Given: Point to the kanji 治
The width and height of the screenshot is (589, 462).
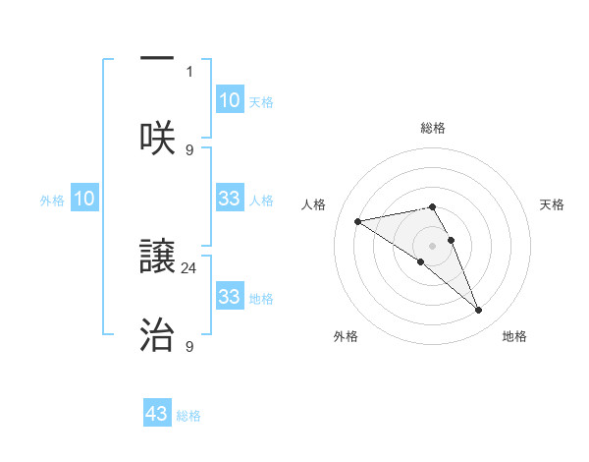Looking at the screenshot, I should (x=157, y=335).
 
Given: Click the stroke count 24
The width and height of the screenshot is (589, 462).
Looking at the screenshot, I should (x=189, y=266).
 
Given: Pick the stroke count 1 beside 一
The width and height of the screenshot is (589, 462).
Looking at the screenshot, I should (x=189, y=71).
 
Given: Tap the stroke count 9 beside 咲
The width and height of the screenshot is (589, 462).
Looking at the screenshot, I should (x=189, y=149).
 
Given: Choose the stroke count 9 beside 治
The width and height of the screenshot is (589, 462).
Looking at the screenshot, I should (x=189, y=345).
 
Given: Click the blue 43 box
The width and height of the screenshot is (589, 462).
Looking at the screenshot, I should (x=157, y=414).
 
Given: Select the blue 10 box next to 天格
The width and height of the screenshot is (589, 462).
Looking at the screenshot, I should (x=229, y=100).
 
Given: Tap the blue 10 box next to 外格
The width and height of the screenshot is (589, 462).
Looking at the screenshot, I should (x=84, y=199).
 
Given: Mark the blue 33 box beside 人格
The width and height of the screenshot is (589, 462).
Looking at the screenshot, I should (x=229, y=199).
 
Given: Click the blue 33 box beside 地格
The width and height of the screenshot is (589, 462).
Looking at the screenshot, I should (x=229, y=297).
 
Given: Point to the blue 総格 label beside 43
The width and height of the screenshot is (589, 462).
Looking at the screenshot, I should (x=188, y=416).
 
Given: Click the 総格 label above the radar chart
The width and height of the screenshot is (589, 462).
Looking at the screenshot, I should (x=432, y=128).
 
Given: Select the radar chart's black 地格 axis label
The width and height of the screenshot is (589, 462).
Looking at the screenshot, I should (x=514, y=336).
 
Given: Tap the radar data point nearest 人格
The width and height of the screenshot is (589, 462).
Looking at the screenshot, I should (x=357, y=221).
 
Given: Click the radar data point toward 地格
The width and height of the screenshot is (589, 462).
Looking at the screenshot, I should (x=479, y=311).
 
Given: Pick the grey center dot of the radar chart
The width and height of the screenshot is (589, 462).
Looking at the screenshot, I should (x=432, y=245).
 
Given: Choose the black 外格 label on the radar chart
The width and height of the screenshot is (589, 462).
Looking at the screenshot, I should (x=346, y=336).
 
